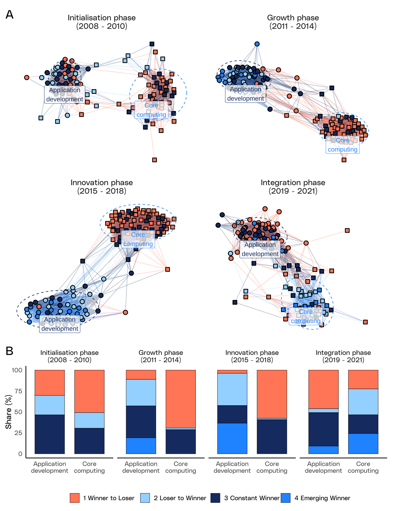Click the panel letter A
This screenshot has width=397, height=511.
click(x=9, y=14)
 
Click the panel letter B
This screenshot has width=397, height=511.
click(x=9, y=351)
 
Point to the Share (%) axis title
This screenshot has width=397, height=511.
click(x=8, y=412)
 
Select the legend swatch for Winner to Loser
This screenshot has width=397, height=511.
click(x=74, y=498)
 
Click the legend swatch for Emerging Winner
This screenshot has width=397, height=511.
click(x=285, y=498)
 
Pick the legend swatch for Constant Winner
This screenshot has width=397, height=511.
click(x=215, y=498)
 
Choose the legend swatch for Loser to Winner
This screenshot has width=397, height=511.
click(x=145, y=498)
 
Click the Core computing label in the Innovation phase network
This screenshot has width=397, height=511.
click(x=138, y=239)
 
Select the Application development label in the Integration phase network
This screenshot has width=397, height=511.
click(x=260, y=249)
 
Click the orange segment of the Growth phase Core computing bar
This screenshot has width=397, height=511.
click(x=181, y=399)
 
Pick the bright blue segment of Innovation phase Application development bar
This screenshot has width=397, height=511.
click(x=232, y=438)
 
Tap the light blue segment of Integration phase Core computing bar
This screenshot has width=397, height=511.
click(x=363, y=402)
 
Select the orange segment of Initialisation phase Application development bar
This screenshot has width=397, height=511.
click(x=50, y=383)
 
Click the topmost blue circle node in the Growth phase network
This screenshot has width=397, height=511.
click(x=257, y=44)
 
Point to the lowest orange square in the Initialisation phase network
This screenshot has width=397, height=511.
click(x=154, y=160)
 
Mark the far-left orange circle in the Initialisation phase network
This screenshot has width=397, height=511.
click(x=27, y=78)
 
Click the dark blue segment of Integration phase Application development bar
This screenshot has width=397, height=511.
click(x=324, y=429)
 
